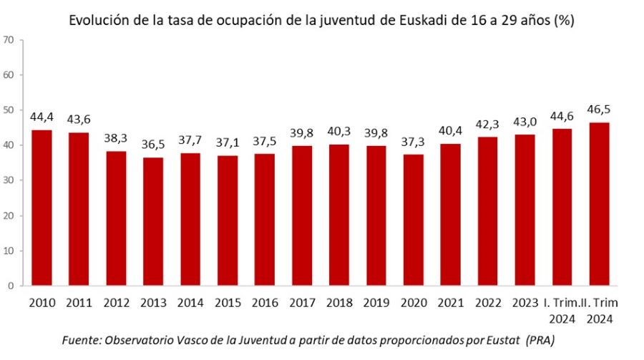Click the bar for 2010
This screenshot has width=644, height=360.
click(x=42, y=208)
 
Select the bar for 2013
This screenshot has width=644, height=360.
click(x=153, y=221)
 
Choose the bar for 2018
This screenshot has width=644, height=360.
click(x=340, y=215)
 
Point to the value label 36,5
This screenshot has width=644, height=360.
click(x=153, y=145)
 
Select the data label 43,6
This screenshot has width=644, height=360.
click(x=79, y=120)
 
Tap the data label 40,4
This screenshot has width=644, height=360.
click(x=452, y=131)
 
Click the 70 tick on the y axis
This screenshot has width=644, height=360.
click(x=9, y=39)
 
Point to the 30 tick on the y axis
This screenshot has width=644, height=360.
click(x=9, y=180)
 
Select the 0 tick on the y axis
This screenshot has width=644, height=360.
click(x=11, y=286)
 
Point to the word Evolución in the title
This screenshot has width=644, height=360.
click(x=98, y=20)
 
